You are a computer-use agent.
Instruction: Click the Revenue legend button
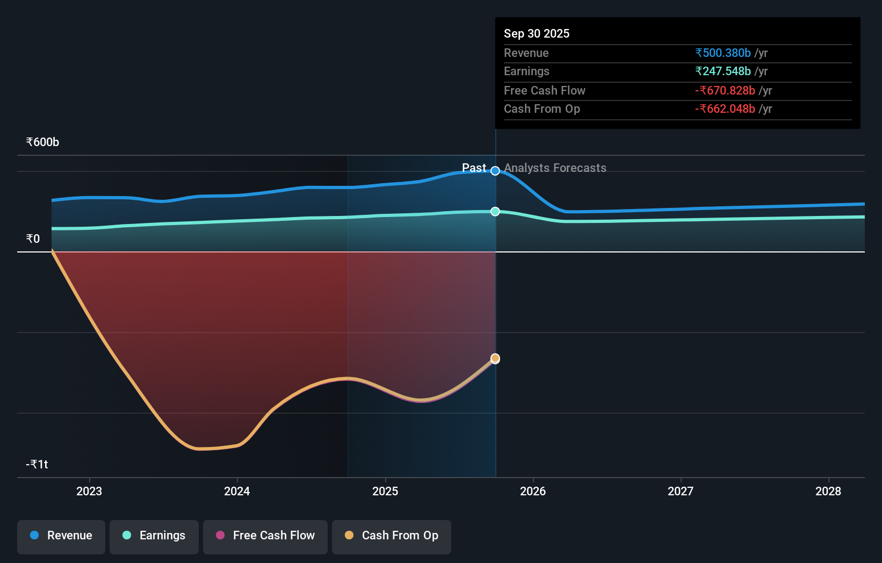pos(61,536)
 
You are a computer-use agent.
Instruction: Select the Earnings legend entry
pos(154,536)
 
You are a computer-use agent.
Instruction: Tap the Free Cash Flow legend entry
pos(265,536)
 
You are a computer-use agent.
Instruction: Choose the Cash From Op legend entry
pos(392,536)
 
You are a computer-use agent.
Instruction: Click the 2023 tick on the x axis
pos(89,491)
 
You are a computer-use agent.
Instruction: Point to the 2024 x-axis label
pos(237,491)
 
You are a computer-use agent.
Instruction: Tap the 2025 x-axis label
pos(385,491)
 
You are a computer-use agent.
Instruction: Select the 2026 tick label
pos(533,491)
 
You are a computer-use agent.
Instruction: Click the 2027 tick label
pos(681,491)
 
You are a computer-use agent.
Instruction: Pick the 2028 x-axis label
pos(828,491)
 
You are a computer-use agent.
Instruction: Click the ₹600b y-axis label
pos(42,142)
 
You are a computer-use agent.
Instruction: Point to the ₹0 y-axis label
pos(33,239)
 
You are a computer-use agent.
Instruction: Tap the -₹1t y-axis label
pos(37,465)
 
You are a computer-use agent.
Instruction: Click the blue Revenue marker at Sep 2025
pos(495,171)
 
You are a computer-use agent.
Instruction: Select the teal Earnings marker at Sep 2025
pos(495,212)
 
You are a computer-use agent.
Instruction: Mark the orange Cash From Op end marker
pos(495,358)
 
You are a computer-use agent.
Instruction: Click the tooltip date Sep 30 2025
pos(537,34)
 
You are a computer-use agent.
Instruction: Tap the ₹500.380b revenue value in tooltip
pos(723,53)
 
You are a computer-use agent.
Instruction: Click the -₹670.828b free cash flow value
pos(725,91)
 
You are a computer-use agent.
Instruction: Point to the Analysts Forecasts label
pos(555,168)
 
